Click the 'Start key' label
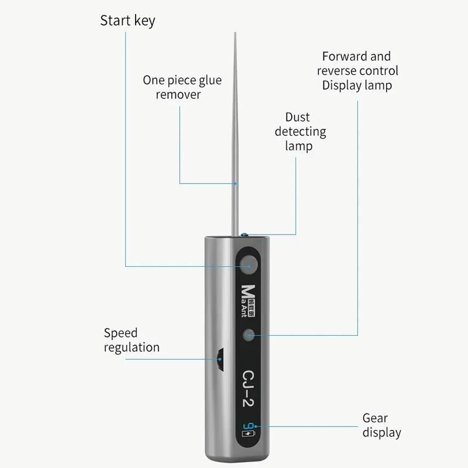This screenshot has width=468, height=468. (x=128, y=21)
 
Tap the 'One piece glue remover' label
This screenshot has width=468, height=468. (x=182, y=87)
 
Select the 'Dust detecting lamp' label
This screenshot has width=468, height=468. (x=300, y=131)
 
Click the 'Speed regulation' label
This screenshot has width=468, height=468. (x=132, y=340)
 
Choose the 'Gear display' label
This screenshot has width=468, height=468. (x=381, y=425)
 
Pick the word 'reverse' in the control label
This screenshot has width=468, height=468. (x=337, y=71)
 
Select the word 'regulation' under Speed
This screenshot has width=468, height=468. (x=132, y=347)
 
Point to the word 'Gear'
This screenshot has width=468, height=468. (x=374, y=418)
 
